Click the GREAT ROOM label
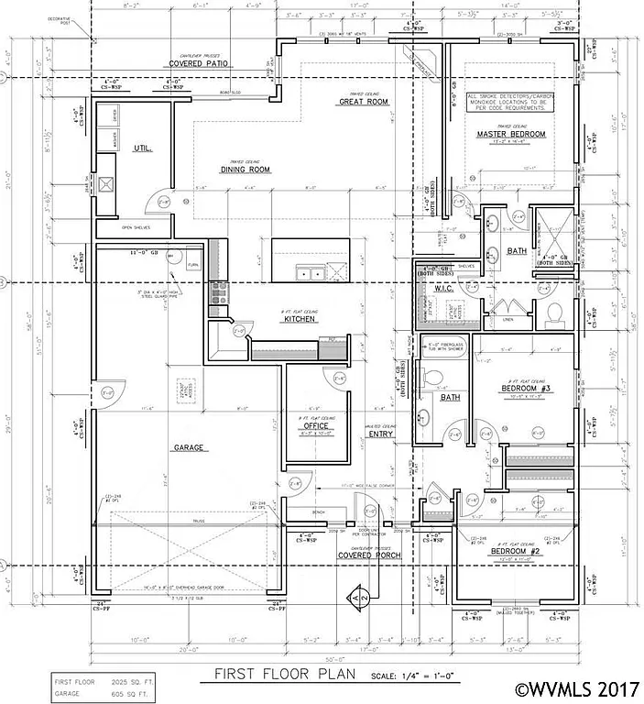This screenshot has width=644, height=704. click(x=360, y=102)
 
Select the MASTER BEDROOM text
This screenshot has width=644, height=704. click(x=510, y=135)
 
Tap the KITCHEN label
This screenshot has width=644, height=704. click(x=299, y=318)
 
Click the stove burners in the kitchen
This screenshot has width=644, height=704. click(x=218, y=292)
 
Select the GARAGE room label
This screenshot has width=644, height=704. click(x=186, y=448)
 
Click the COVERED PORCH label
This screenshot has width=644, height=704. click(x=366, y=555)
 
